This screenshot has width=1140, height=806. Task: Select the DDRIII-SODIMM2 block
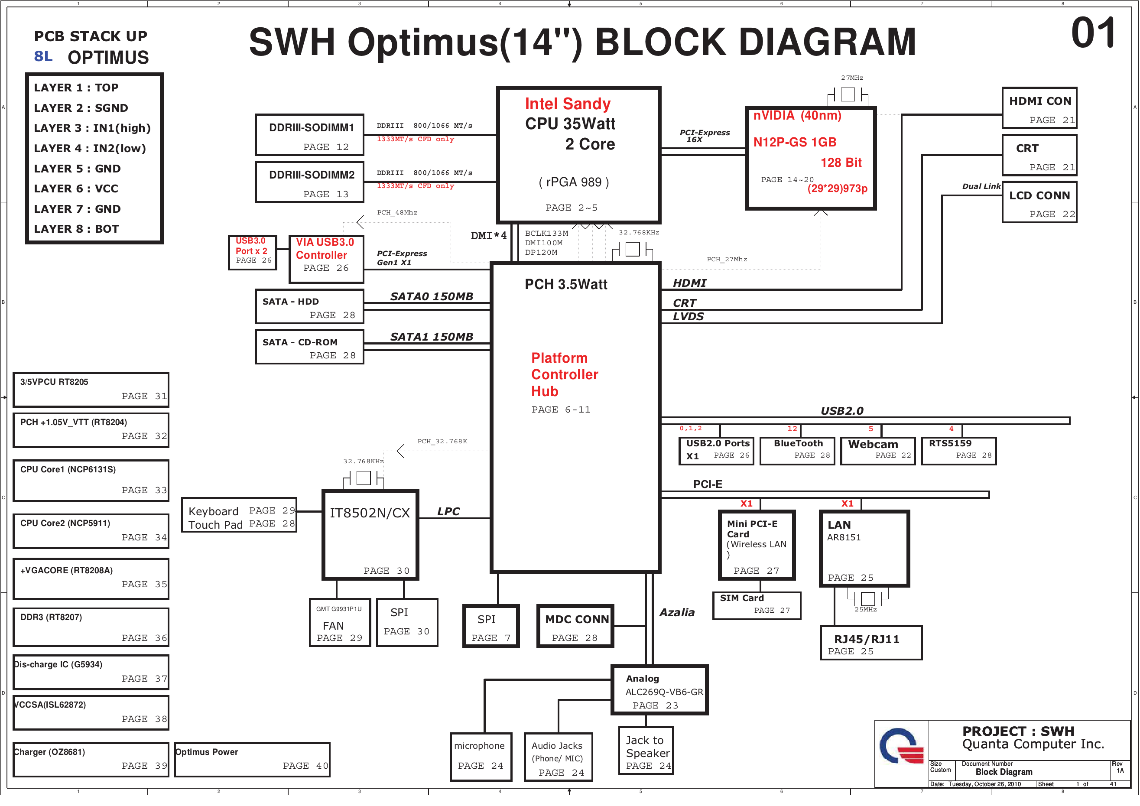click(x=310, y=182)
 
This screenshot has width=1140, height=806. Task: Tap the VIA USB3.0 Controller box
click(x=326, y=259)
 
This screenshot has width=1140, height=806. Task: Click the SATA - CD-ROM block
click(x=310, y=347)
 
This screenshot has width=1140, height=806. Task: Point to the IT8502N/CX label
click(x=370, y=513)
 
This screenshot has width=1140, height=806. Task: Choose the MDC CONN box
click(x=575, y=626)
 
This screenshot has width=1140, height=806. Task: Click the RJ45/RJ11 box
click(x=871, y=643)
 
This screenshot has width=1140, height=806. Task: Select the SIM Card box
click(x=757, y=605)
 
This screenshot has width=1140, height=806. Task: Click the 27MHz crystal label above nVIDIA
click(x=852, y=78)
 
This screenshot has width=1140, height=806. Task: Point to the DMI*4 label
click(x=489, y=236)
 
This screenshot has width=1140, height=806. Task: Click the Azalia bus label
click(x=677, y=613)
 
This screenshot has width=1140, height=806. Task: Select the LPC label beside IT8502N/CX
click(x=448, y=511)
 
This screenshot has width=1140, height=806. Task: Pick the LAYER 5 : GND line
click(x=78, y=169)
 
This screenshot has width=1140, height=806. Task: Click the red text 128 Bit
click(x=841, y=163)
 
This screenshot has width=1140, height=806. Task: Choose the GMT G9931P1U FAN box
click(x=340, y=623)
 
